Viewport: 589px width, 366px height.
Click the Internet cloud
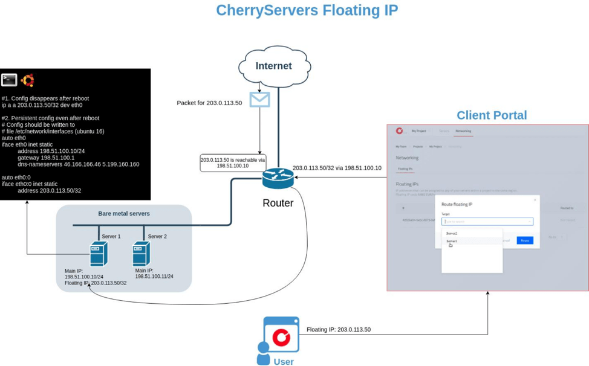[x=274, y=66]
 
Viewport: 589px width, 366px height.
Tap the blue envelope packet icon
[x=259, y=99]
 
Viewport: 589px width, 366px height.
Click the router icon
[x=278, y=178]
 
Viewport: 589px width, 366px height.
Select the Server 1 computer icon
[x=98, y=254]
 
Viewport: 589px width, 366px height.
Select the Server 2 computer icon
[x=141, y=254]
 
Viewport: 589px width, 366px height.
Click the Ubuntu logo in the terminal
[x=27, y=80]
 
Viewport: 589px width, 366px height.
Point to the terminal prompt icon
[x=9, y=80]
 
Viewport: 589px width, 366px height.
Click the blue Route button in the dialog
[x=524, y=240]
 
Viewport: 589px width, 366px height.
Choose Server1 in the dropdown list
[x=452, y=241]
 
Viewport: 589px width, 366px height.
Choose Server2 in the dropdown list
[x=452, y=233]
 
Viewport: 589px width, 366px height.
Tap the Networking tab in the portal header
[x=463, y=131]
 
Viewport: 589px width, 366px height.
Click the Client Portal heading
[x=491, y=115]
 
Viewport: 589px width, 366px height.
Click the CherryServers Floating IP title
[x=307, y=10]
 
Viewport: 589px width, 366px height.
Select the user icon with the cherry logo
[x=280, y=336]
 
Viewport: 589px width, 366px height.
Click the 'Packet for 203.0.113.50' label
[x=209, y=103]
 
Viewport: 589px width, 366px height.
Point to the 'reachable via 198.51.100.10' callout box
[x=233, y=162]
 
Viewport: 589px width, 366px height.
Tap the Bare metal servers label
[x=124, y=213]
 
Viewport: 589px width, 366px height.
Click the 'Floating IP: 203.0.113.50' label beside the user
[x=338, y=330]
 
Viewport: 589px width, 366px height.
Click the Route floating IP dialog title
[x=457, y=205]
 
